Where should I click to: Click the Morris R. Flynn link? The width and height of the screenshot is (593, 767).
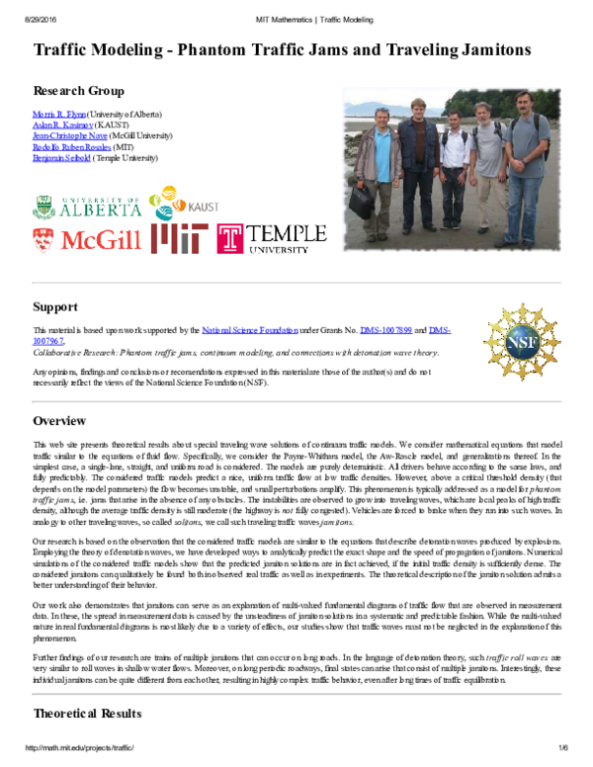pyautogui.click(x=60, y=116)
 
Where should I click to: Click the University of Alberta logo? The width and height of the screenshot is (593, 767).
pyautogui.click(x=87, y=207)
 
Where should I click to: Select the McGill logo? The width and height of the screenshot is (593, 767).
pyautogui.click(x=88, y=239)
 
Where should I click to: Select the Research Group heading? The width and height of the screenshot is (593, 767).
pyautogui.click(x=79, y=89)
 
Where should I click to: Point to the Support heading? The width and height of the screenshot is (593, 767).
pyautogui.click(x=55, y=306)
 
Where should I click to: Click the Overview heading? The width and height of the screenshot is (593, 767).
pyautogui.click(x=60, y=422)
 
